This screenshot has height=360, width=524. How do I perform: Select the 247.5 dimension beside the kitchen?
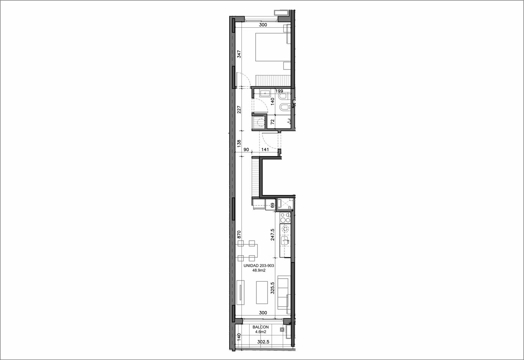pos(272,234)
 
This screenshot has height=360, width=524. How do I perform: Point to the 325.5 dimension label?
pos(272,288)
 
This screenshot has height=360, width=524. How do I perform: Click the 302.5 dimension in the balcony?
pos(263,342)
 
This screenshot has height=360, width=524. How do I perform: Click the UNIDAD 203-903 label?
pos(259,266)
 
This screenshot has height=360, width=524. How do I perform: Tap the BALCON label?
pos(261,327)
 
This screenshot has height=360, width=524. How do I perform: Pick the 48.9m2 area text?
pos(259,271)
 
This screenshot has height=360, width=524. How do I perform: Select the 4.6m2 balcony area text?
pos(261,332)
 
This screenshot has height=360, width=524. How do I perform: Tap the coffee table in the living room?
pos(262,292)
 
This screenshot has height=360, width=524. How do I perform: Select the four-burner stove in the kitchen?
pos(285,218)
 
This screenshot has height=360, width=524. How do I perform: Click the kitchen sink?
pos(285,241)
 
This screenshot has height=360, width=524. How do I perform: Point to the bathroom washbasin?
pos(265,93)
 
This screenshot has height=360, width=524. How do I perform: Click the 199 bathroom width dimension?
pos(279,91)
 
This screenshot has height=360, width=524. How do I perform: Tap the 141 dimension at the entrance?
pos(265,150)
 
